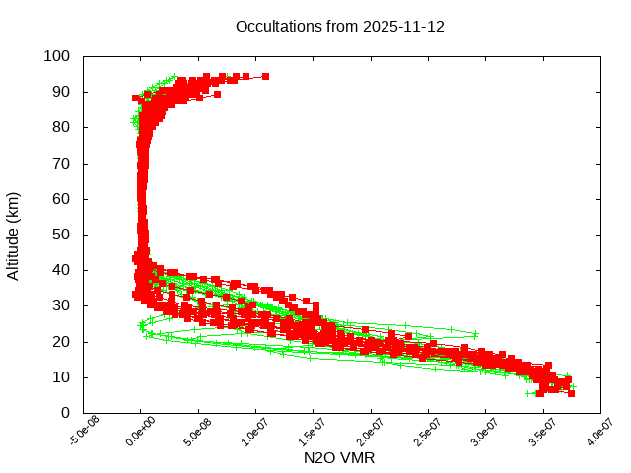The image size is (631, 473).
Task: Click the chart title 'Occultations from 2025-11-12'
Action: pyautogui.click(x=340, y=27)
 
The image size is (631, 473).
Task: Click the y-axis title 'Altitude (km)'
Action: pyautogui.click(x=13, y=235)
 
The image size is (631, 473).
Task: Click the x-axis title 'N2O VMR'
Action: pyautogui.click(x=340, y=458)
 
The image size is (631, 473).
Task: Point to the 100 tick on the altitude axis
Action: pyautogui.click(x=55, y=56)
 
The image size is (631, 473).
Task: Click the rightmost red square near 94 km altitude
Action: pyautogui.click(x=265, y=76)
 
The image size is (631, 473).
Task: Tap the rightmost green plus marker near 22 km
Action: pyautogui.click(x=476, y=333)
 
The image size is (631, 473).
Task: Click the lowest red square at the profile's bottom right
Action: pyautogui.click(x=571, y=393)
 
